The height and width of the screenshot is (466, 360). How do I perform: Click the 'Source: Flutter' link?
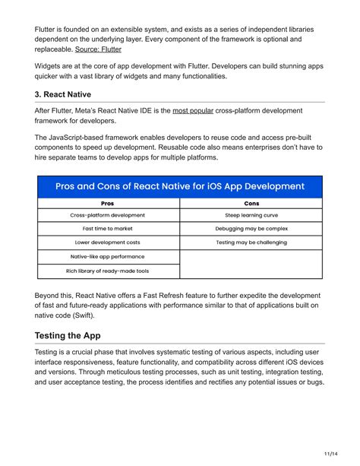coord(98,49)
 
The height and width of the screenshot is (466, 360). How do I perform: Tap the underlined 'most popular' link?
coord(193,111)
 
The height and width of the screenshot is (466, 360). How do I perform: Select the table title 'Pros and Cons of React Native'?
coord(180,186)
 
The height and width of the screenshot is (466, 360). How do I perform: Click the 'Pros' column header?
coord(107,204)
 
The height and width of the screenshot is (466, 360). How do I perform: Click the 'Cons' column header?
coord(251,204)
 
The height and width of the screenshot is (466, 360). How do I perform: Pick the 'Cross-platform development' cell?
coord(107,215)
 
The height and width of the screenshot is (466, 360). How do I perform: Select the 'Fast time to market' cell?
coord(107,229)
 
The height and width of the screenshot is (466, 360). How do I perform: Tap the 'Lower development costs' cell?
coord(107,243)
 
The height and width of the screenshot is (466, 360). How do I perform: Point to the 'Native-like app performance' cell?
coord(107,257)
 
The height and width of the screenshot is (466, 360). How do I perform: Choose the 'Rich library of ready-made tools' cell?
coord(107,271)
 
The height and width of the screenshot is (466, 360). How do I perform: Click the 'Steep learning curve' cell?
coord(251,215)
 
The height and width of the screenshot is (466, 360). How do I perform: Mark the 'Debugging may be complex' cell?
coord(251,229)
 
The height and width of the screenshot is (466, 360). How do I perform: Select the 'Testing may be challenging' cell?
coord(251,243)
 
